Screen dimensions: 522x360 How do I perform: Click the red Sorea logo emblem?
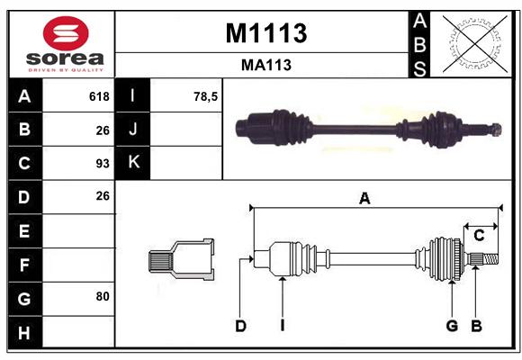coord(66,33)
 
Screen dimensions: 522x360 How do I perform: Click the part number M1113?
coord(266,33)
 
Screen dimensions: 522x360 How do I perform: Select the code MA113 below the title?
coord(266,65)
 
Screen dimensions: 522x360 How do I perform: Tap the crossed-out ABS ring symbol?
coord(475,44)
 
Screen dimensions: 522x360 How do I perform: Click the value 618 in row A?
coord(99,96)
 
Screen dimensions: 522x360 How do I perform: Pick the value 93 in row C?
coord(103,164)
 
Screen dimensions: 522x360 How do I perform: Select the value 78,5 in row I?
coord(205,96)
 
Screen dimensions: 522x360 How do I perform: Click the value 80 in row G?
coord(103,296)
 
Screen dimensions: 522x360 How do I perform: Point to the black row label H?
coord(24,332)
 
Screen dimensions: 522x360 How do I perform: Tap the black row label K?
coord(133,163)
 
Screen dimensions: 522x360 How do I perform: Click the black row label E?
coord(24,230)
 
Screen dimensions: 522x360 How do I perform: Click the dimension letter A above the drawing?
coord(364,199)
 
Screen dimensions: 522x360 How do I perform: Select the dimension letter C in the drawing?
coord(479,236)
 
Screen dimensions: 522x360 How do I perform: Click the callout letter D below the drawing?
coord(240,326)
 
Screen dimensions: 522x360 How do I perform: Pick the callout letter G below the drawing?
coord(452,326)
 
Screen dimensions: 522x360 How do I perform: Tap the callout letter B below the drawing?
coord(476,326)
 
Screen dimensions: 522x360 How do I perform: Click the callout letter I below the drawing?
coord(283,326)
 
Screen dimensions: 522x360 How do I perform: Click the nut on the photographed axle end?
coord(496,130)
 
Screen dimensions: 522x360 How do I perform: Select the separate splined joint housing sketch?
coord(182,259)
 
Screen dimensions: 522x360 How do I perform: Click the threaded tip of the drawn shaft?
coord(491,259)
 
